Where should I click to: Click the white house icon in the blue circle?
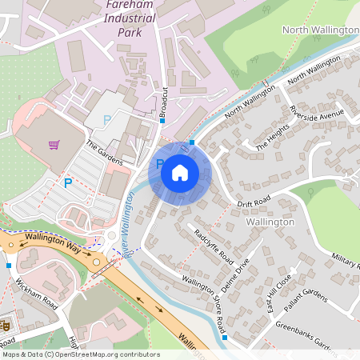pos(180,172)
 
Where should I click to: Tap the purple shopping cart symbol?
pos(54,145)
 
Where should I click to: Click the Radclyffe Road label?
pos(214,247)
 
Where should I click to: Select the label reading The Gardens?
pos(104,153)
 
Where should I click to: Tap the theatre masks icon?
pos(6,326)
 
